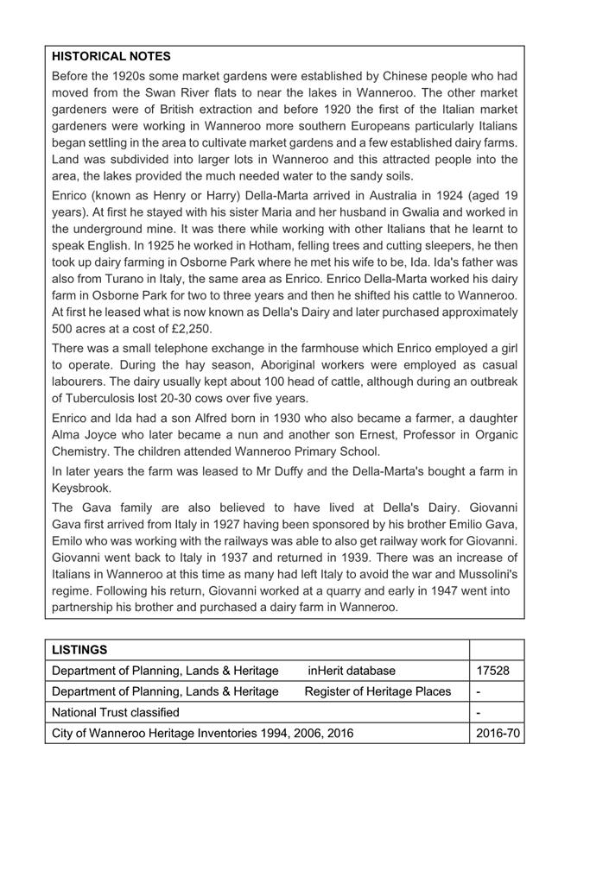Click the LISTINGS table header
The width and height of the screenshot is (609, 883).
(79, 648)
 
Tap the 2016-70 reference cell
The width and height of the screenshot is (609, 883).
(498, 733)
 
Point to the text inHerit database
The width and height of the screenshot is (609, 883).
(351, 671)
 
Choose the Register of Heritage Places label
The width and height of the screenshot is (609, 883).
(377, 691)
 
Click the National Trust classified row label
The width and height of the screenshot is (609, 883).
(116, 712)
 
